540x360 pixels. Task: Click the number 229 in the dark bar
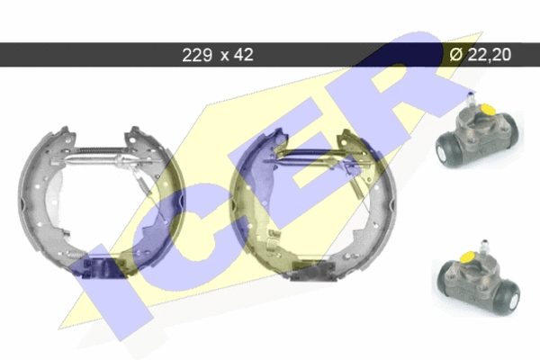[x=197, y=55]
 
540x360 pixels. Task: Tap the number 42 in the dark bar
[x=244, y=55]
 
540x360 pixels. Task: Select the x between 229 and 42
[x=224, y=56]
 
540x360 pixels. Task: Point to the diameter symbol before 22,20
[x=456, y=54]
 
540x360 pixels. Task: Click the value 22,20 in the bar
[x=489, y=55]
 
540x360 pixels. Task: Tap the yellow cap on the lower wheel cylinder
[x=467, y=257]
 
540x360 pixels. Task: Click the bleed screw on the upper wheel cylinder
[x=470, y=100]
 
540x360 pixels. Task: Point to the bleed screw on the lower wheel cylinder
[x=485, y=247]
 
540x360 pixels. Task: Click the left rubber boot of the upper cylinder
[x=446, y=150]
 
